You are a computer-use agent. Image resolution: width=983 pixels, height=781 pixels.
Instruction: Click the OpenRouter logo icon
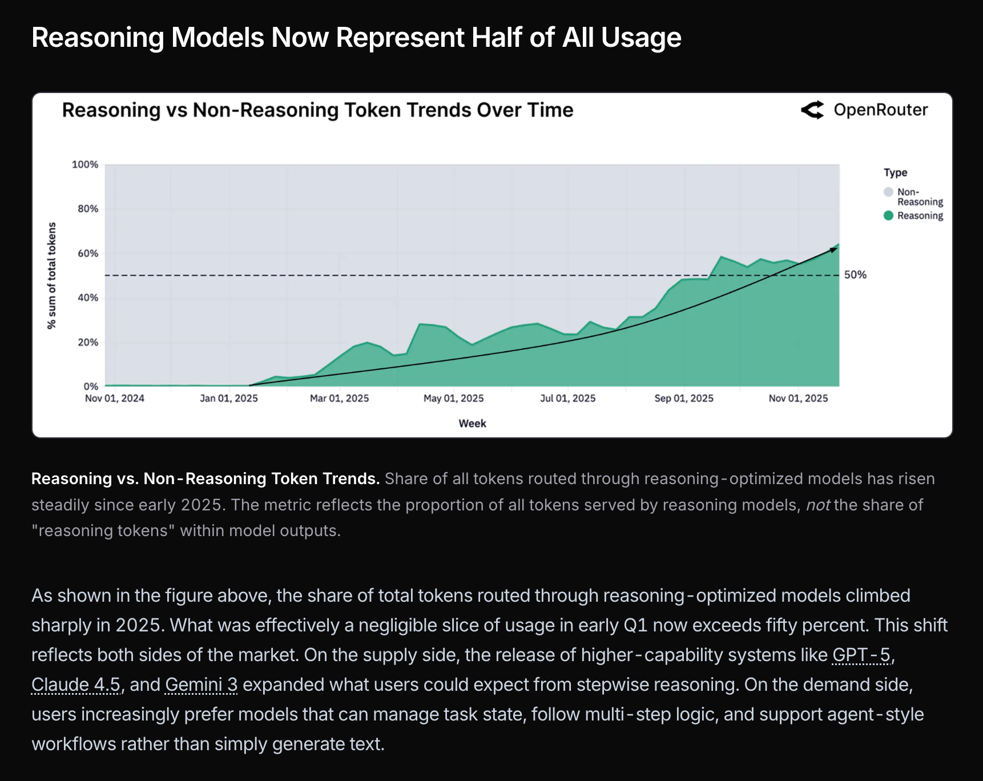(x=812, y=110)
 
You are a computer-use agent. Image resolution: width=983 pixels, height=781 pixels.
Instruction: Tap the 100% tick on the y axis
(x=85, y=164)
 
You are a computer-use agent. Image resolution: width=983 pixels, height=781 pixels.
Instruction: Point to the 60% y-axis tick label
(x=88, y=253)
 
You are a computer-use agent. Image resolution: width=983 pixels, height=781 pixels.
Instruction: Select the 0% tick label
(x=91, y=387)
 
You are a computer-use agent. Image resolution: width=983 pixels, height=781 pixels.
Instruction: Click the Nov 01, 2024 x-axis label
(x=115, y=398)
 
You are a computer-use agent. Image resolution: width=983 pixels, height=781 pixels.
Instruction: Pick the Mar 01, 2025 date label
(x=339, y=398)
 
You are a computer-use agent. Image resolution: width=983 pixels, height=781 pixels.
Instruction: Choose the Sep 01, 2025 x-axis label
(x=683, y=398)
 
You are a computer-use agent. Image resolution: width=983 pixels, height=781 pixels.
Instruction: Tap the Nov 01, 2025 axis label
(x=797, y=398)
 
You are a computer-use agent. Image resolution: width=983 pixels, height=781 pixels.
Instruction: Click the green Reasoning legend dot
(x=888, y=216)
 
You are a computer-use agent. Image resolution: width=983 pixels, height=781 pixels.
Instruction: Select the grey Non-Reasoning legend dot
(x=888, y=192)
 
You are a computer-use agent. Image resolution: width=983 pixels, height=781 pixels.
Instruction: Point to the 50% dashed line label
(x=855, y=275)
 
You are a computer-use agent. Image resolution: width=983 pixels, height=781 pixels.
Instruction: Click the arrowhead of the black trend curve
(x=834, y=249)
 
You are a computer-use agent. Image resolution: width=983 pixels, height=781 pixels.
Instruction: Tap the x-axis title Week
(x=472, y=424)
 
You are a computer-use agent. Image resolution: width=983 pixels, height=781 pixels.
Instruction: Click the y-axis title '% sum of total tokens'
(x=52, y=276)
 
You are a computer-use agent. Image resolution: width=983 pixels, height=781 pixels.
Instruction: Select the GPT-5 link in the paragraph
(x=861, y=655)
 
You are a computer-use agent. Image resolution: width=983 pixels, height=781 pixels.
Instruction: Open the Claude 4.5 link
(x=76, y=685)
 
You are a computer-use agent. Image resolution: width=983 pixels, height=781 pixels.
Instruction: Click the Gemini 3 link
(x=201, y=685)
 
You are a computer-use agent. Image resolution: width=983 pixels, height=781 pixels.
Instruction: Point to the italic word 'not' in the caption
(x=817, y=505)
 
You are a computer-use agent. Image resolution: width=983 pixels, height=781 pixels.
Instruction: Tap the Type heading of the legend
(x=895, y=172)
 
